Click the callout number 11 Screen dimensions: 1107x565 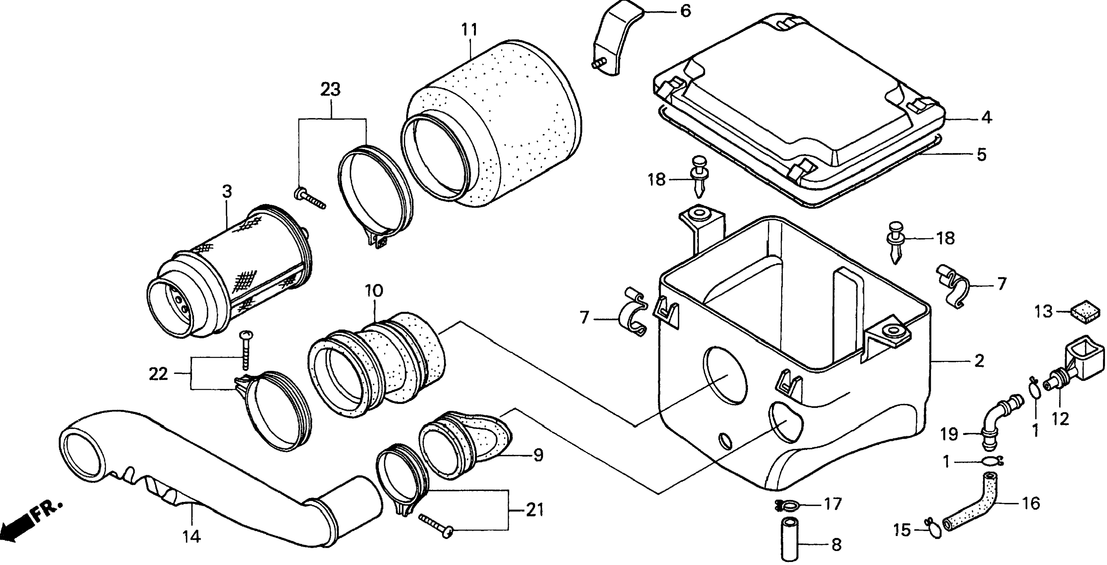coord(469,30)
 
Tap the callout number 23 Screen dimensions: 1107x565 coord(331,90)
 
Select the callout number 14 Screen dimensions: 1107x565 coord(192,536)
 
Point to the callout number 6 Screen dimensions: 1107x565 coord(686,11)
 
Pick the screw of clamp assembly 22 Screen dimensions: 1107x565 coord(246,349)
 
